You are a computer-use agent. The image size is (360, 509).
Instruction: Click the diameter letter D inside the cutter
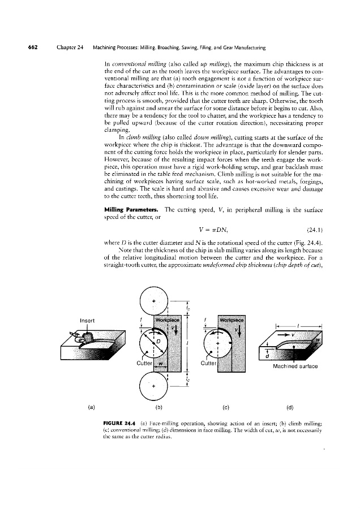pos(160,343)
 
